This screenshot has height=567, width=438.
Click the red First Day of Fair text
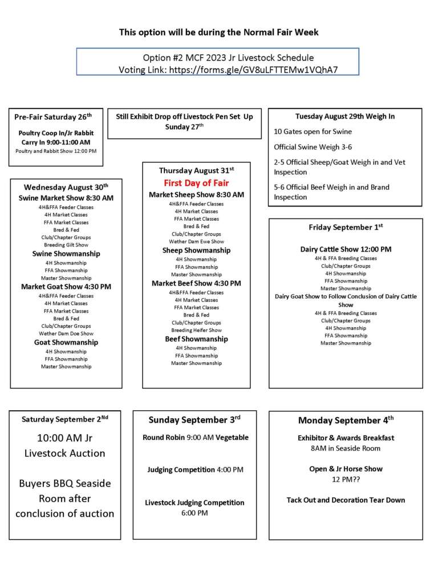[x=196, y=183]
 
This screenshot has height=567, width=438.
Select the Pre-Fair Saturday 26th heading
[x=52, y=117]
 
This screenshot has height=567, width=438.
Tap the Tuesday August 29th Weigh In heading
[x=345, y=116]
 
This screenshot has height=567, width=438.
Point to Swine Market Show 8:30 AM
[x=66, y=198]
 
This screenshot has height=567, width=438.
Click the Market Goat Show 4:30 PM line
[x=66, y=286]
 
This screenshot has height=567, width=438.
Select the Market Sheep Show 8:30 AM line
[x=196, y=195]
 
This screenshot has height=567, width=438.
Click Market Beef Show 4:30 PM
[x=196, y=283]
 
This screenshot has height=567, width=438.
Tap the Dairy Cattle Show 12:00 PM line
[x=346, y=249]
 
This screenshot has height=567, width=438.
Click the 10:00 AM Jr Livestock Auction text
[x=64, y=445]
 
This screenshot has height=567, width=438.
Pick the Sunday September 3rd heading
[x=194, y=420]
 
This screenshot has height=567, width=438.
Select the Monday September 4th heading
[x=346, y=420]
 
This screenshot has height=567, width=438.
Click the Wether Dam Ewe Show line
[x=196, y=241]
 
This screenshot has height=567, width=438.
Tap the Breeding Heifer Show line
[x=196, y=330]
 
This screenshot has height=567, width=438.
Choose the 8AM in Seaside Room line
[x=346, y=448]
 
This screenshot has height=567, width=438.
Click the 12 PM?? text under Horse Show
[x=346, y=479]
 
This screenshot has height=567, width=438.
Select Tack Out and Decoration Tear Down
[x=346, y=500]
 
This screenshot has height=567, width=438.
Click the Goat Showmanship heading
[x=66, y=342]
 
